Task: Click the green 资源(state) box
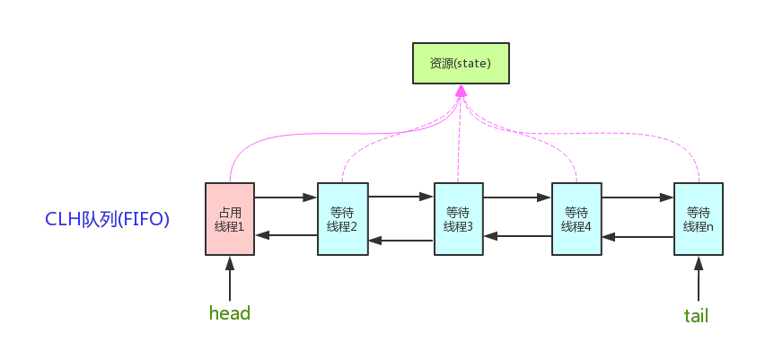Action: coord(461,64)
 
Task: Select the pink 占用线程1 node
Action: coord(230,219)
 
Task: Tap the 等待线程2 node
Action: coord(342,219)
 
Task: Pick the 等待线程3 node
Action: coord(459,219)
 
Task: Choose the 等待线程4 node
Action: coord(576,219)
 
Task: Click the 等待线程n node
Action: coord(698,219)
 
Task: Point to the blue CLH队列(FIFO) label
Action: coord(107,219)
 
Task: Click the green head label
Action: coord(229,313)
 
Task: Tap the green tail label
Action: coord(696,315)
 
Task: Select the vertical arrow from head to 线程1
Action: coord(230,279)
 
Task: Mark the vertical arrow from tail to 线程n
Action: coord(698,279)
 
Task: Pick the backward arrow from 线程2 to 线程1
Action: coord(286,235)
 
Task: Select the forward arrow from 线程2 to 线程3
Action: coord(400,196)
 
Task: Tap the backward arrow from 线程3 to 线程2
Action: coord(400,240)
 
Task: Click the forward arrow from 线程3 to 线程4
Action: coord(517,196)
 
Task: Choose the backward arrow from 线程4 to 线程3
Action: coord(517,236)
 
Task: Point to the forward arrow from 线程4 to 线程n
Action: coord(637,196)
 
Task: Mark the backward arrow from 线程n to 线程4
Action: coord(637,237)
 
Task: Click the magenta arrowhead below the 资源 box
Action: coord(461,92)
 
